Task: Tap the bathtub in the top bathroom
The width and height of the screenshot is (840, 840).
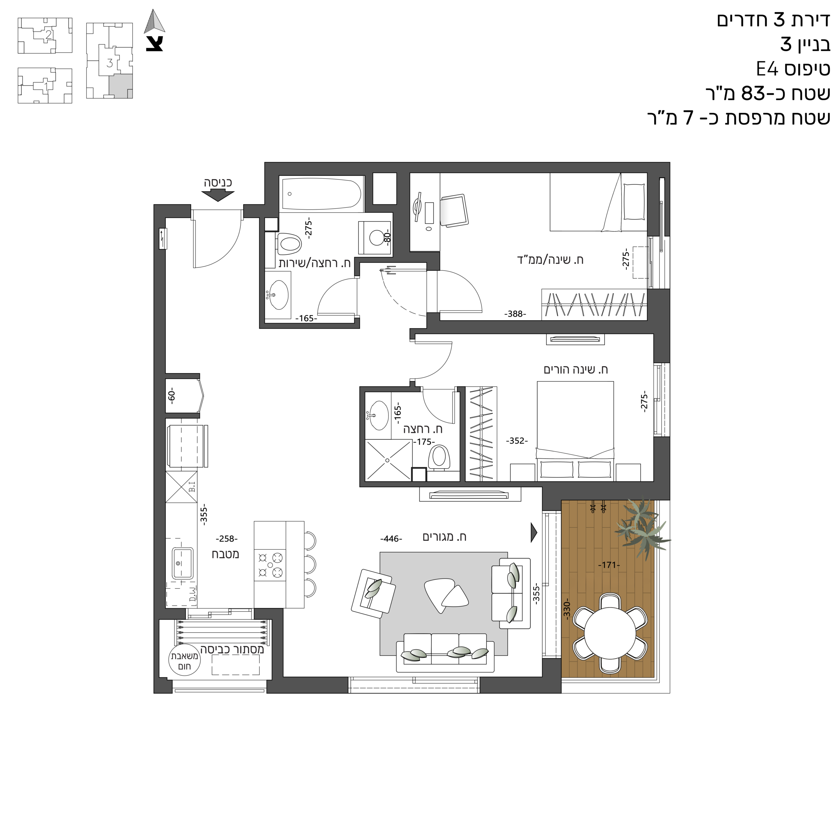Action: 322,194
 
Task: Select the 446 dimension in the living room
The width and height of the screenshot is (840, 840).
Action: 391,539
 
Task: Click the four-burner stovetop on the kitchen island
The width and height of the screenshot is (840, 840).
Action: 270,565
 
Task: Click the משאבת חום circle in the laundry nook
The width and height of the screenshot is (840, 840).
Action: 183,661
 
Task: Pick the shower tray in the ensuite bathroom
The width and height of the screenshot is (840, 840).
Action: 388,460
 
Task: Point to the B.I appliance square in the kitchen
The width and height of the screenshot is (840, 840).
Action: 181,487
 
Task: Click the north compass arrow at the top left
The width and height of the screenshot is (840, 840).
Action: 155,21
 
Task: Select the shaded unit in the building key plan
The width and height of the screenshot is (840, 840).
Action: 120,86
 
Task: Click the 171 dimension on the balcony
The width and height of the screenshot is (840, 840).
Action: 609,565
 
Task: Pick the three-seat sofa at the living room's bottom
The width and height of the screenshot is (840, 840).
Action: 445,652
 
